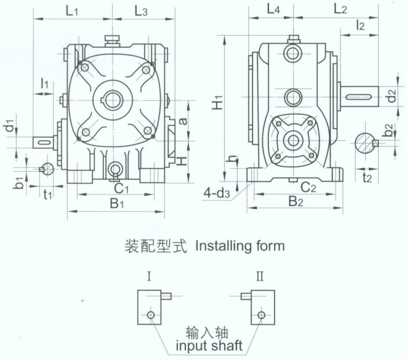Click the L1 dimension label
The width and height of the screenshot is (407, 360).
coord(71,12)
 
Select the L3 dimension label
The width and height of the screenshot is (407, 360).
coord(141,12)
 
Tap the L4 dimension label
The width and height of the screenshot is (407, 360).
coord(273,10)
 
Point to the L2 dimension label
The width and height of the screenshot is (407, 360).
coord(340,9)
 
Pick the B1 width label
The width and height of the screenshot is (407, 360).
coord(117,203)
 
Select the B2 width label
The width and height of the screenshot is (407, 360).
coord(296,201)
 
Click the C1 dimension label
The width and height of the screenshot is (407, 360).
coord(121,188)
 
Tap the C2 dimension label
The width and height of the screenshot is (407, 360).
coord(308,187)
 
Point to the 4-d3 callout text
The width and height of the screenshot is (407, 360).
coord(217,193)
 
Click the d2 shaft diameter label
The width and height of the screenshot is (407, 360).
coord(392,96)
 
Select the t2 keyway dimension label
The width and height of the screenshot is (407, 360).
coord(367,178)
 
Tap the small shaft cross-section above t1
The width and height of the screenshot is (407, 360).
coord(47,169)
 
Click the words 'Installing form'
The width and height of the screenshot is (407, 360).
coord(240,246)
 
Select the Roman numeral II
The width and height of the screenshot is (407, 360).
coord(260,276)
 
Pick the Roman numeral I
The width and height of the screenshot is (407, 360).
coord(149,276)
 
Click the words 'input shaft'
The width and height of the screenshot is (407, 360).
coord(209,346)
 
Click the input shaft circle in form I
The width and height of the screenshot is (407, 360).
coord(151,315)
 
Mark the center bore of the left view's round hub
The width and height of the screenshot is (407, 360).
coord(113,100)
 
